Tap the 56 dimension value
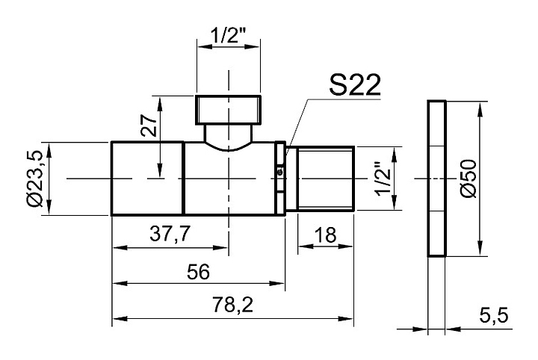pyautogui.click(x=199, y=270)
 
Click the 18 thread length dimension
pyautogui.click(x=325, y=235)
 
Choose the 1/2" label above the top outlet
pyautogui.click(x=229, y=36)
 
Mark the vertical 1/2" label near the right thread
pyautogui.click(x=384, y=180)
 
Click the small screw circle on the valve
pyautogui.click(x=279, y=173)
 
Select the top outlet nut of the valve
pyautogui.click(x=229, y=110)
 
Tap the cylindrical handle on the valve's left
pyautogui.click(x=147, y=179)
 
